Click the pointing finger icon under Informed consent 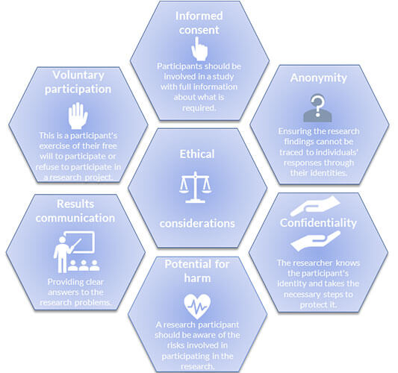(x=199, y=49)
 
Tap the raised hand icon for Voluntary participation (x=78, y=116)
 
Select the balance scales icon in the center (x=195, y=187)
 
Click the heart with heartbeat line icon (x=197, y=307)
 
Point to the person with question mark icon (x=317, y=108)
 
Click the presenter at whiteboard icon (x=76, y=252)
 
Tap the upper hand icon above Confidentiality (x=315, y=207)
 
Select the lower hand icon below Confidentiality (x=315, y=241)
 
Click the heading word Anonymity (x=319, y=78)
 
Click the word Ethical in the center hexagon (x=197, y=154)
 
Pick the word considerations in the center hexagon (x=197, y=223)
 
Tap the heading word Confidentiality (x=318, y=223)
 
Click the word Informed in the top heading (x=199, y=16)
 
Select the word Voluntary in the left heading (x=78, y=75)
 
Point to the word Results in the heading (x=75, y=204)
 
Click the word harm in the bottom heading (x=197, y=278)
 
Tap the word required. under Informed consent (x=199, y=108)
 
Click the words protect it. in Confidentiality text (x=318, y=304)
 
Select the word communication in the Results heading (x=75, y=218)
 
